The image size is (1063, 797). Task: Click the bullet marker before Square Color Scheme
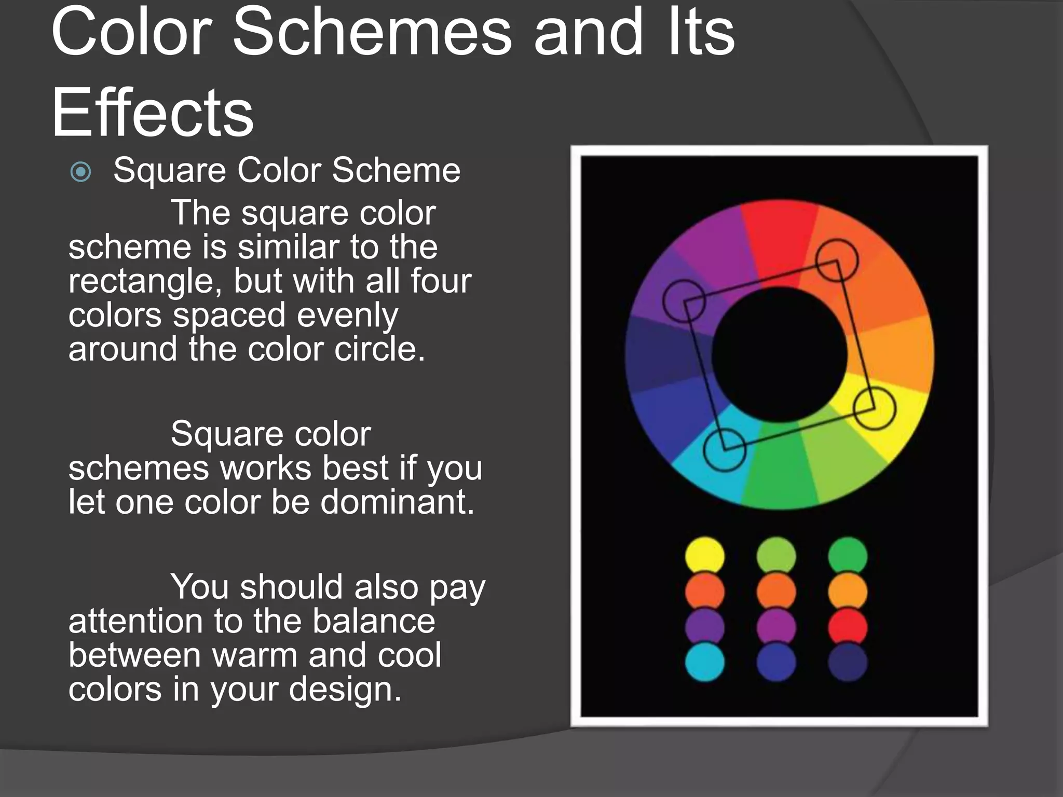click(80, 172)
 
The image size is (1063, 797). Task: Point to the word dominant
click(397, 502)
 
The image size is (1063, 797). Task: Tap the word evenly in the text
click(342, 315)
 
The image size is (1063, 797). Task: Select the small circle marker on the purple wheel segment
click(684, 300)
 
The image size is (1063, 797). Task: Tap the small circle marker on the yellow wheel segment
click(875, 408)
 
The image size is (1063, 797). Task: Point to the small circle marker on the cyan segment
click(725, 450)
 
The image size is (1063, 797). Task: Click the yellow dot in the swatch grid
click(704, 556)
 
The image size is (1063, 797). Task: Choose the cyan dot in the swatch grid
click(704, 662)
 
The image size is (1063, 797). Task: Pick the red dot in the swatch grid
click(847, 627)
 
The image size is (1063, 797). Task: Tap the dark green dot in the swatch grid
click(847, 556)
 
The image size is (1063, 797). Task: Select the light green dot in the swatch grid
click(776, 556)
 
